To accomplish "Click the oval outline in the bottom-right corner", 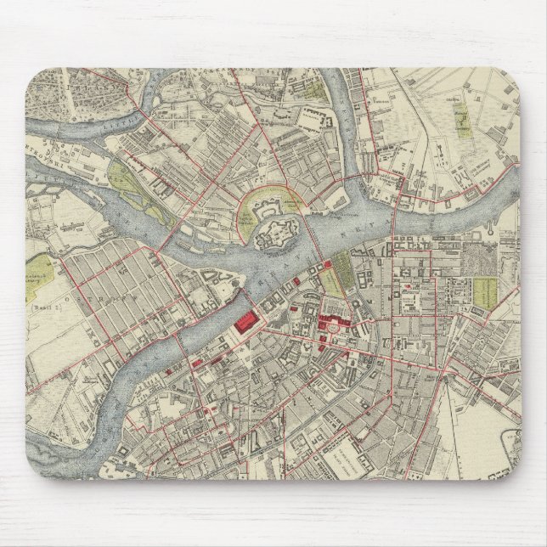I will pyautogui.click(x=509, y=442).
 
